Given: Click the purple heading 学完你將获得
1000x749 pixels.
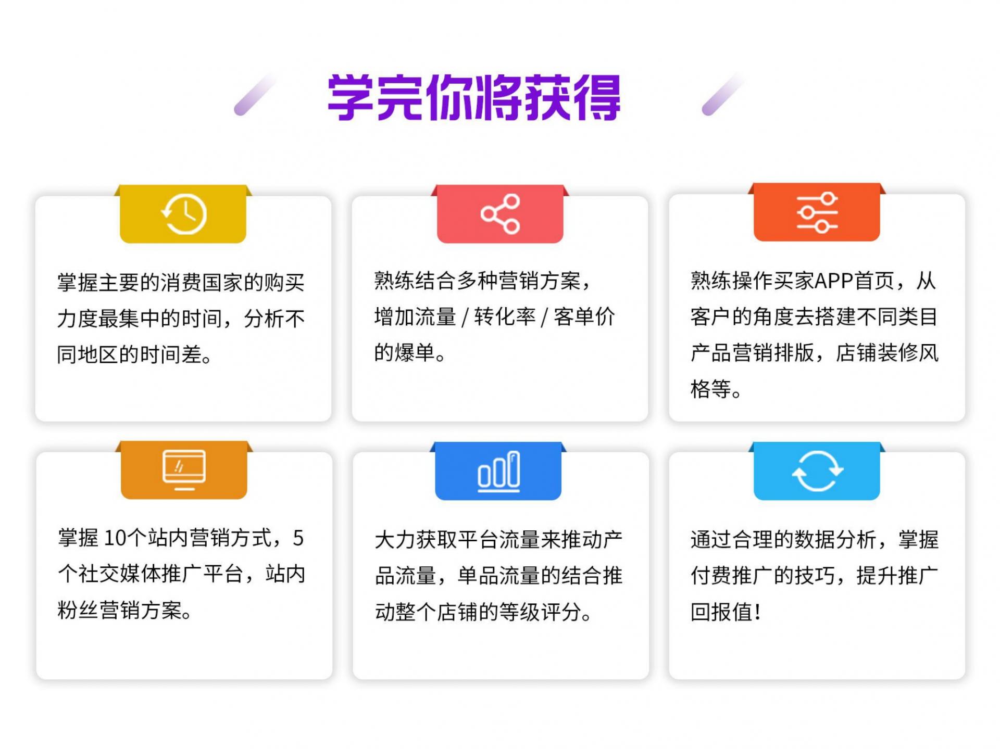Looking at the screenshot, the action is click(474, 97).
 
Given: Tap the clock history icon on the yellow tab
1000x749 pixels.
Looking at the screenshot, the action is click(183, 214).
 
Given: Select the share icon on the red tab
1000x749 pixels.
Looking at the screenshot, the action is click(500, 214).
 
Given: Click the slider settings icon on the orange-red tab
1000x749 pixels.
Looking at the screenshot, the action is click(817, 212).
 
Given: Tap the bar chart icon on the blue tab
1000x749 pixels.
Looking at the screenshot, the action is click(498, 471).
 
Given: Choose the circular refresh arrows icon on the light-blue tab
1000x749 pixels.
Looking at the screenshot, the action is click(817, 471).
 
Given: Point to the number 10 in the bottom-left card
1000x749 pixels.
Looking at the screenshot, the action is click(116, 538).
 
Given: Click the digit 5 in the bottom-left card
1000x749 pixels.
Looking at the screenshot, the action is click(298, 538).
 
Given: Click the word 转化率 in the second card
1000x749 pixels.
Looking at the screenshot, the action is click(505, 316).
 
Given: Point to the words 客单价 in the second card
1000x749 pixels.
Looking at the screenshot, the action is click(584, 316).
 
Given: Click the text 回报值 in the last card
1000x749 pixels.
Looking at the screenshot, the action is click(721, 612).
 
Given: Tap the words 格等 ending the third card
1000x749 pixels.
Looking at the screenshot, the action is click(711, 389).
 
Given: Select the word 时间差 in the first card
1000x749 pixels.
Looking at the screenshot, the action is click(170, 354).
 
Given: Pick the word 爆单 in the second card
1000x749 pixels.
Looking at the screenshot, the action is click(415, 353).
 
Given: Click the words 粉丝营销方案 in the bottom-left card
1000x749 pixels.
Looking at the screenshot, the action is click(120, 610).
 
